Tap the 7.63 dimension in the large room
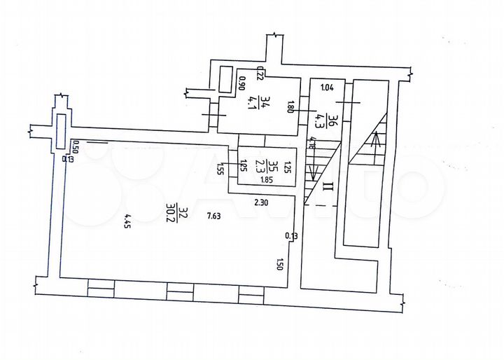point(215,216)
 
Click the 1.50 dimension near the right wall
point(281,264)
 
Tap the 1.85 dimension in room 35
point(267,180)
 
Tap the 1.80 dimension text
point(291,108)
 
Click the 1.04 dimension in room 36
point(327,88)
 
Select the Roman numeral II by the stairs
point(327,186)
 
